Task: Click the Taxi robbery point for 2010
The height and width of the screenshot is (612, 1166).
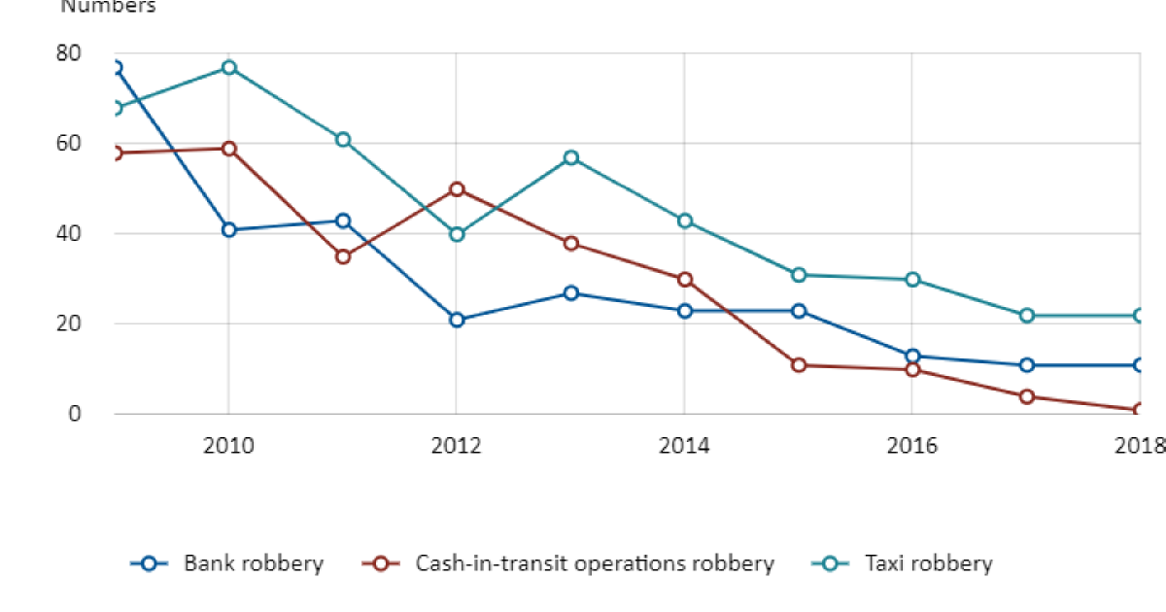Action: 228,67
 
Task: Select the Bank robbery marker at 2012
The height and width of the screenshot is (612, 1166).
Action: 457,320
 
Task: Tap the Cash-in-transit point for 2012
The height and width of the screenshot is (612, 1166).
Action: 457,188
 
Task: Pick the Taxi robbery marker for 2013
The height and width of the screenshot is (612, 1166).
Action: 570,157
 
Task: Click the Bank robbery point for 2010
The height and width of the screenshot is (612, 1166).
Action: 228,229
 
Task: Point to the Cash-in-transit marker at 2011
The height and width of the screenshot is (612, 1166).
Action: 343,256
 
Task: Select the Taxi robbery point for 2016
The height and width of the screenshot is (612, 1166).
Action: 912,280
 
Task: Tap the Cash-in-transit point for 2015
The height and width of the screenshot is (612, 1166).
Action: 799,365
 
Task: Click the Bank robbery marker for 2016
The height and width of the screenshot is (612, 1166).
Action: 912,356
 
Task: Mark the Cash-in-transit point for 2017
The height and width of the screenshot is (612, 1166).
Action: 1027,396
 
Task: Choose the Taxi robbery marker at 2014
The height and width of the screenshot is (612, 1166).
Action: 684,221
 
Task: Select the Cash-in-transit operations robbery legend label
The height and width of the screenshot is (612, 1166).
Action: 594,563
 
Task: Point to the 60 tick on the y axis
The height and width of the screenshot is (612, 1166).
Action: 69,143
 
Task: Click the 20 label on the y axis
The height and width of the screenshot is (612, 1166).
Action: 69,323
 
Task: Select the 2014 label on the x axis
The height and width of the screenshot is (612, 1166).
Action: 684,446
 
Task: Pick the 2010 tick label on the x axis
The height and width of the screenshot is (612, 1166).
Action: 228,446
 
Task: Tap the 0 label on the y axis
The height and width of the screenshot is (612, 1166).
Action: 75,414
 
